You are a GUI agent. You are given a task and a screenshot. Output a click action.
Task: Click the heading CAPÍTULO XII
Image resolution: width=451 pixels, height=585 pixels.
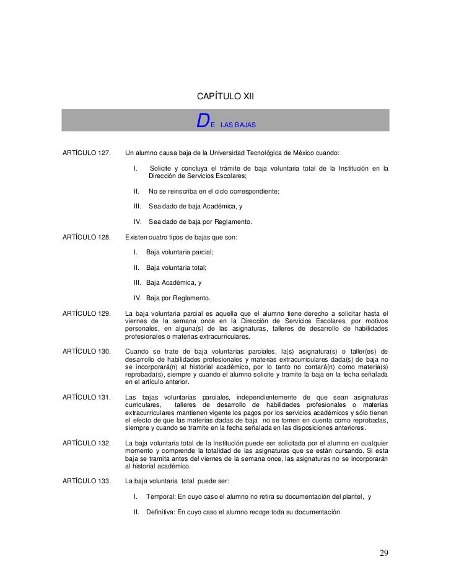coord(225,97)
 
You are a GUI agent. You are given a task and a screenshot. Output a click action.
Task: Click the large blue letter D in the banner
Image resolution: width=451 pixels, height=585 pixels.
coord(202,120)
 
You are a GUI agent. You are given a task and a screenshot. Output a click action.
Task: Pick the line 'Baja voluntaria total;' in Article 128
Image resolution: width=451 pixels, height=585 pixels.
coord(176,267)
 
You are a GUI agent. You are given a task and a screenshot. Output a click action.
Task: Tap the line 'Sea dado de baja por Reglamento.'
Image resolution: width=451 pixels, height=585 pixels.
coord(200,221)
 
